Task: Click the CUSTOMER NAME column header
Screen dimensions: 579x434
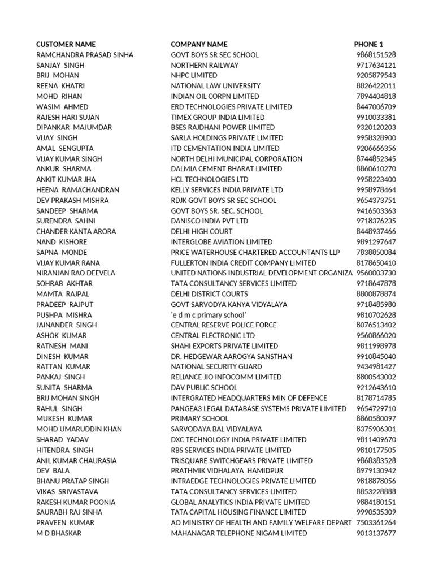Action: (x=66, y=44)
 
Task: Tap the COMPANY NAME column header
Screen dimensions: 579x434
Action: (x=199, y=44)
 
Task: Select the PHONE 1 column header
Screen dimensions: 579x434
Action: (x=368, y=44)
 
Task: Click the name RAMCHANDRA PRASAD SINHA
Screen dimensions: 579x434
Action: (x=84, y=55)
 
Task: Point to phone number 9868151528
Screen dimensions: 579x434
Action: (x=376, y=55)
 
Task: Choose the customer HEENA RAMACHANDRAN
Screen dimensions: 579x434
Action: (x=77, y=190)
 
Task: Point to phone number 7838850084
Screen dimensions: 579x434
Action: (x=376, y=252)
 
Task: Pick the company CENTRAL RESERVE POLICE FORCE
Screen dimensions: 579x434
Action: (x=224, y=325)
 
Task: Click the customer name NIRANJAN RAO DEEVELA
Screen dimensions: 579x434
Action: (x=75, y=273)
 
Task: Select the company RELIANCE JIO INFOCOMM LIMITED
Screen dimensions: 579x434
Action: (x=226, y=377)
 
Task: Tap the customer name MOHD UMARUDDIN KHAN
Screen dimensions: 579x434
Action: (x=79, y=429)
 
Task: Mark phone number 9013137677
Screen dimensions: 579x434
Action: (x=376, y=533)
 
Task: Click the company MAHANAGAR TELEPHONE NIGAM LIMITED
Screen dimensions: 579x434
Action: (x=239, y=533)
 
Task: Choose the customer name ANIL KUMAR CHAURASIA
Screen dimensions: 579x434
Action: (x=76, y=460)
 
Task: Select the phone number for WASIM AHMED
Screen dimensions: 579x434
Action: (x=376, y=107)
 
